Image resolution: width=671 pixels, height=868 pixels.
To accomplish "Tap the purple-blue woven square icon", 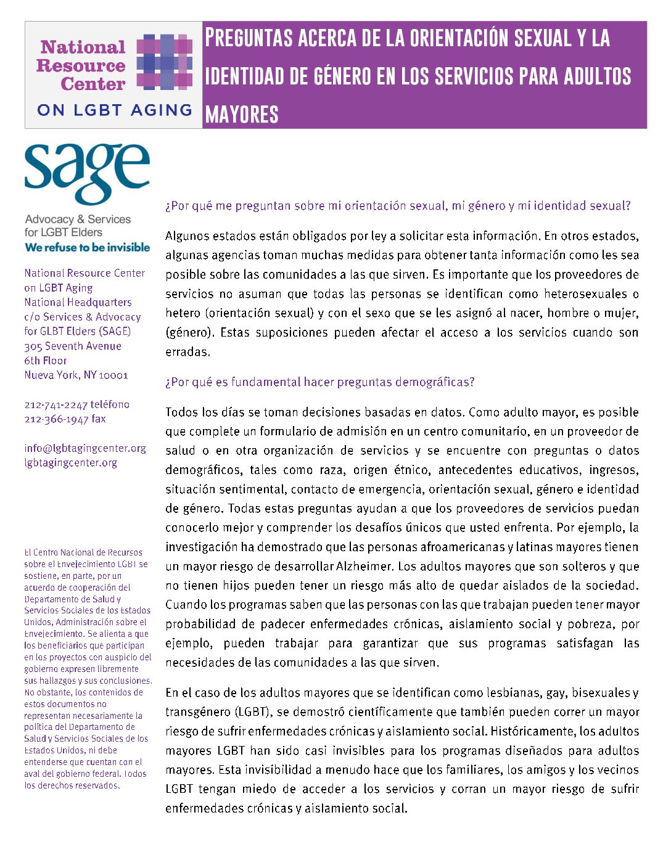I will (x=164, y=62).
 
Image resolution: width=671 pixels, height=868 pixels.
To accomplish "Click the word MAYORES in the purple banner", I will (x=242, y=115).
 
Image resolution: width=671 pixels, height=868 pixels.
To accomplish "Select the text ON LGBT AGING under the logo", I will (x=115, y=110).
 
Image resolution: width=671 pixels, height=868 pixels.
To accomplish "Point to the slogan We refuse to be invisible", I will (x=87, y=247).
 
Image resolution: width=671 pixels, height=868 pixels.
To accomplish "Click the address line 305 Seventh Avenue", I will (x=73, y=346).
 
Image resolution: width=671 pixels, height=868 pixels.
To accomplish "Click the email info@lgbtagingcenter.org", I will (x=85, y=448).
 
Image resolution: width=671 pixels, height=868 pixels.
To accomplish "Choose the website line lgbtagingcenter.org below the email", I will (x=71, y=462).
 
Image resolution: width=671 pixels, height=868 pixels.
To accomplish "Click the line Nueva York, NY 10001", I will (x=76, y=375).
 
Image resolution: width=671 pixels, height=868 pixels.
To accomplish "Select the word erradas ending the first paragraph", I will (x=187, y=352).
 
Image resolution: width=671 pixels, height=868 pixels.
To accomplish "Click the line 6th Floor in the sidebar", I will (x=46, y=361).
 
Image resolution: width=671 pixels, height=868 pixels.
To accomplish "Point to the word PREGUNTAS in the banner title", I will (x=249, y=38).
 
